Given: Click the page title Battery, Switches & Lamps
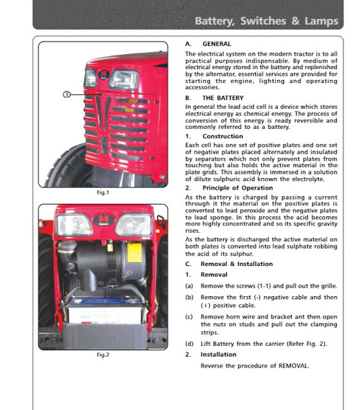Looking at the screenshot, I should pos(266,21).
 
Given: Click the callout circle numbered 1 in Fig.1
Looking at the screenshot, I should pos(66,94).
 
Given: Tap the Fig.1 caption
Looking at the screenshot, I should pos(102,194).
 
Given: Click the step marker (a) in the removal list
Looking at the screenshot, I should pos(189,286).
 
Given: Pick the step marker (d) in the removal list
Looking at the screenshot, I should pos(189,343).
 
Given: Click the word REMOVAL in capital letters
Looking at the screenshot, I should pos(290,366).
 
